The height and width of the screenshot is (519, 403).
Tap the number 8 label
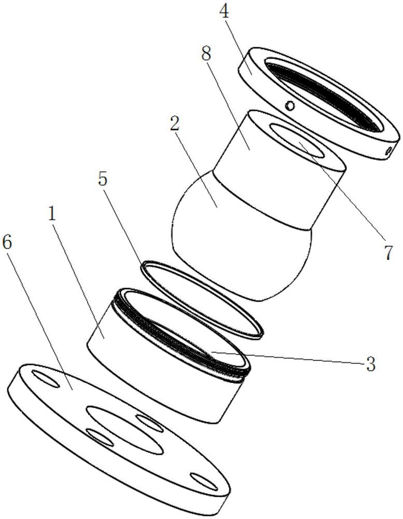pyautogui.click(x=206, y=51)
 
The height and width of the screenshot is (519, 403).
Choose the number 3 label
pyautogui.click(x=370, y=364)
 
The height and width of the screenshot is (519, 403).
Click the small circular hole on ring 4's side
pyautogui.click(x=290, y=105)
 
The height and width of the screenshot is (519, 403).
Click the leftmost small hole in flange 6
pyautogui.click(x=46, y=379)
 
